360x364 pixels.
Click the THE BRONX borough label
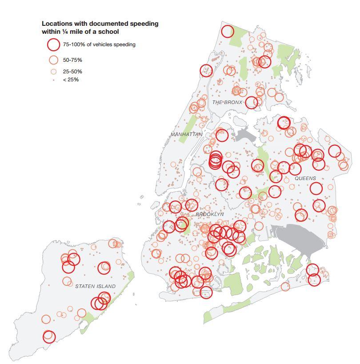click(228, 103)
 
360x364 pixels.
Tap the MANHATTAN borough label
click(186, 134)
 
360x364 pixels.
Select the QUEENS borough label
click(305, 178)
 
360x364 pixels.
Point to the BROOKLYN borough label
click(210, 214)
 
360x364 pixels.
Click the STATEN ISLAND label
click(95, 286)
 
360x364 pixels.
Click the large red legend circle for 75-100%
click(53, 44)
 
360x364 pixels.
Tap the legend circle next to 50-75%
click(53, 60)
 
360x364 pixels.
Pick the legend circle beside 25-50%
click(53, 72)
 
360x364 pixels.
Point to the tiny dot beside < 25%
click(53, 80)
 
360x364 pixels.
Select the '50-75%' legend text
click(72, 60)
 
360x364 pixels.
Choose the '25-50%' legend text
click(72, 72)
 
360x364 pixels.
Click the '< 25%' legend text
click(71, 80)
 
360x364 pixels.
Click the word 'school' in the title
click(109, 32)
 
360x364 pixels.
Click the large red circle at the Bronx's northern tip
click(228, 31)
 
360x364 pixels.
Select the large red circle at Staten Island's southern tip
click(49, 336)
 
